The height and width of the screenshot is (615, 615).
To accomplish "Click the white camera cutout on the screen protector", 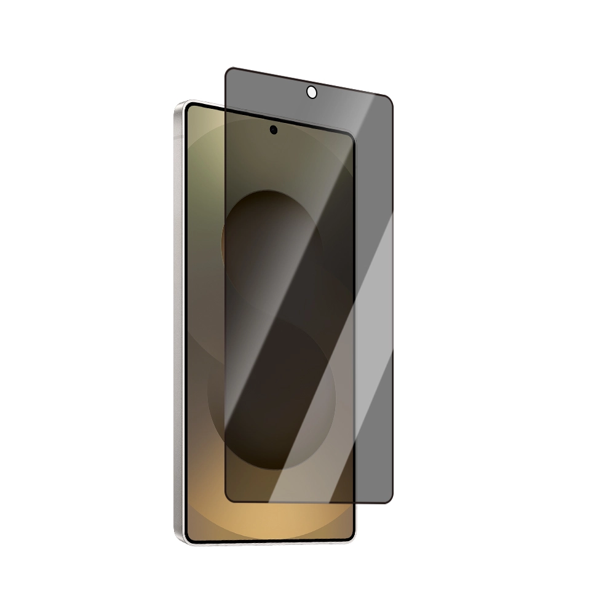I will [x=311, y=92].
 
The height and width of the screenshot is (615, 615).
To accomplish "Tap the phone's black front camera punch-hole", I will [x=273, y=130].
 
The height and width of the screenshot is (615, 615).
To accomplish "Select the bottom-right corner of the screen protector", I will [x=389, y=501].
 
